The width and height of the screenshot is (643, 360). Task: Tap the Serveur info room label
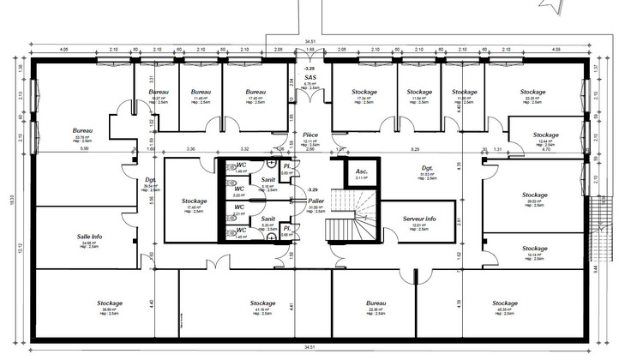pyautogui.click(x=420, y=219)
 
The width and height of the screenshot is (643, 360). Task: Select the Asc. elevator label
pyautogui.click(x=362, y=171)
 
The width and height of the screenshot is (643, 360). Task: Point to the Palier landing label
pyautogui.click(x=316, y=201)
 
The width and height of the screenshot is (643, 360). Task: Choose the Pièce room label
pyautogui.click(x=311, y=135)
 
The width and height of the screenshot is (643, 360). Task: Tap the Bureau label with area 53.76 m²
pyautogui.click(x=83, y=130)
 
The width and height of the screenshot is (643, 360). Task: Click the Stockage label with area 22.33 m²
pyautogui.click(x=532, y=92)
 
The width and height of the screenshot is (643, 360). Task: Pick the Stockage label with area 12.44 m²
pyautogui.click(x=545, y=135)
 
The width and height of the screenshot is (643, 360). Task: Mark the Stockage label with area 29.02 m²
pyautogui.click(x=534, y=195)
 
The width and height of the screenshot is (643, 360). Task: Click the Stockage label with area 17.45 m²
pyautogui.click(x=195, y=201)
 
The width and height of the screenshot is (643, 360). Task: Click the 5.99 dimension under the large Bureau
pyautogui.click(x=84, y=149)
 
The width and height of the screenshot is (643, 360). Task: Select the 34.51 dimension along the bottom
pyautogui.click(x=310, y=347)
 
